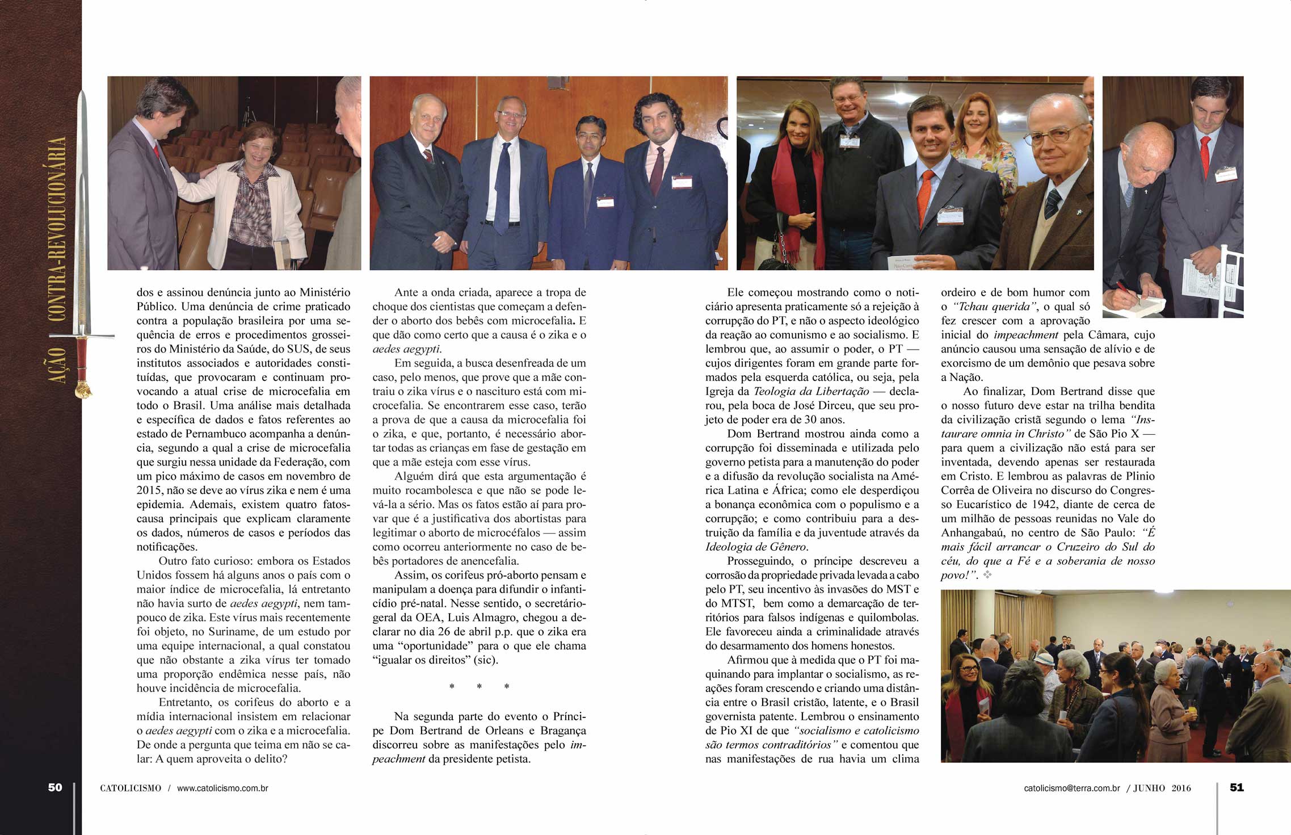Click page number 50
point(55,787)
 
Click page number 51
point(1237,787)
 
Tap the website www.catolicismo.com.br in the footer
point(222,788)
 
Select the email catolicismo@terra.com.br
point(1072,788)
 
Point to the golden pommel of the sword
point(84,390)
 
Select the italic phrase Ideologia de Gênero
point(756,547)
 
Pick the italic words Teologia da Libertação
point(811,392)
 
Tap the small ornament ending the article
point(987,575)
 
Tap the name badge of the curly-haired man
point(682,182)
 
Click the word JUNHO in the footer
point(1149,788)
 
